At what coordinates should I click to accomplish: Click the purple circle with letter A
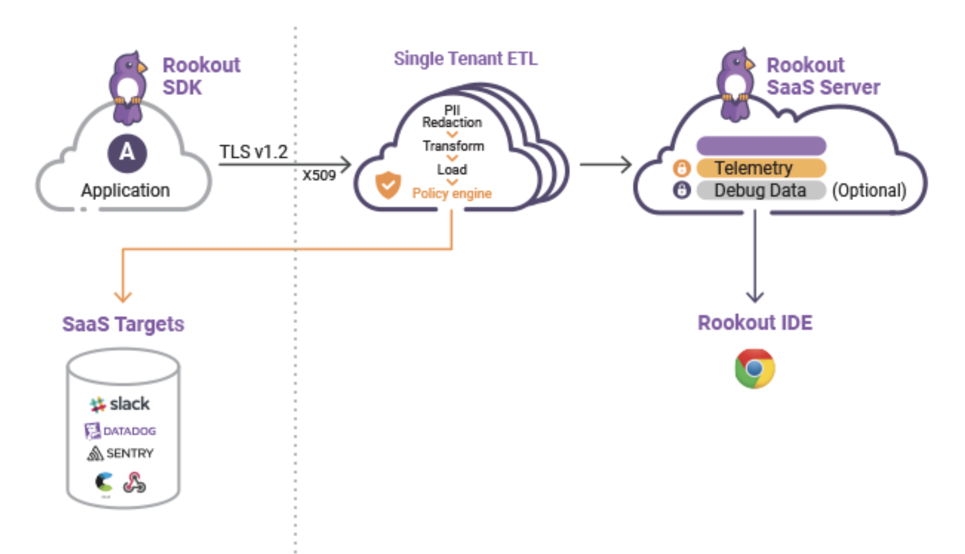(x=127, y=153)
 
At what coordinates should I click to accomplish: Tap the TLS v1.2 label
(x=253, y=152)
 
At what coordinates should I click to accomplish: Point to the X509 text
(x=319, y=175)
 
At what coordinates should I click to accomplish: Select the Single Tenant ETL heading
(x=465, y=58)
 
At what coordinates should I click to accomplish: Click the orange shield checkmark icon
(x=388, y=184)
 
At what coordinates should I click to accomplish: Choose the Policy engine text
(x=451, y=193)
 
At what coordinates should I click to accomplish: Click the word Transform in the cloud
(x=453, y=146)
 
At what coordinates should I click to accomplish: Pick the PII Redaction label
(x=452, y=116)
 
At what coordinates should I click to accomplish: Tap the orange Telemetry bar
(x=760, y=168)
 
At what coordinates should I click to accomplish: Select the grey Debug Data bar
(x=760, y=190)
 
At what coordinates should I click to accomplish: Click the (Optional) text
(x=869, y=190)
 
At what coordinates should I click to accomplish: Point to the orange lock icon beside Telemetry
(x=681, y=168)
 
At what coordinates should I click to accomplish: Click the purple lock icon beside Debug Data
(x=681, y=190)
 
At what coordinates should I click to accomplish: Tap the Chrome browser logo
(x=754, y=368)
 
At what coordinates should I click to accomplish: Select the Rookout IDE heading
(x=754, y=323)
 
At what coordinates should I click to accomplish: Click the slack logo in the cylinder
(x=120, y=404)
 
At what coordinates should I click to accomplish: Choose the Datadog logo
(x=120, y=430)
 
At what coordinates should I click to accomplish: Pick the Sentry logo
(x=120, y=453)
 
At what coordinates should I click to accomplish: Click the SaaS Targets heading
(x=123, y=324)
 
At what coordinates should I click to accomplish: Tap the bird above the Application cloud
(x=128, y=87)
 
